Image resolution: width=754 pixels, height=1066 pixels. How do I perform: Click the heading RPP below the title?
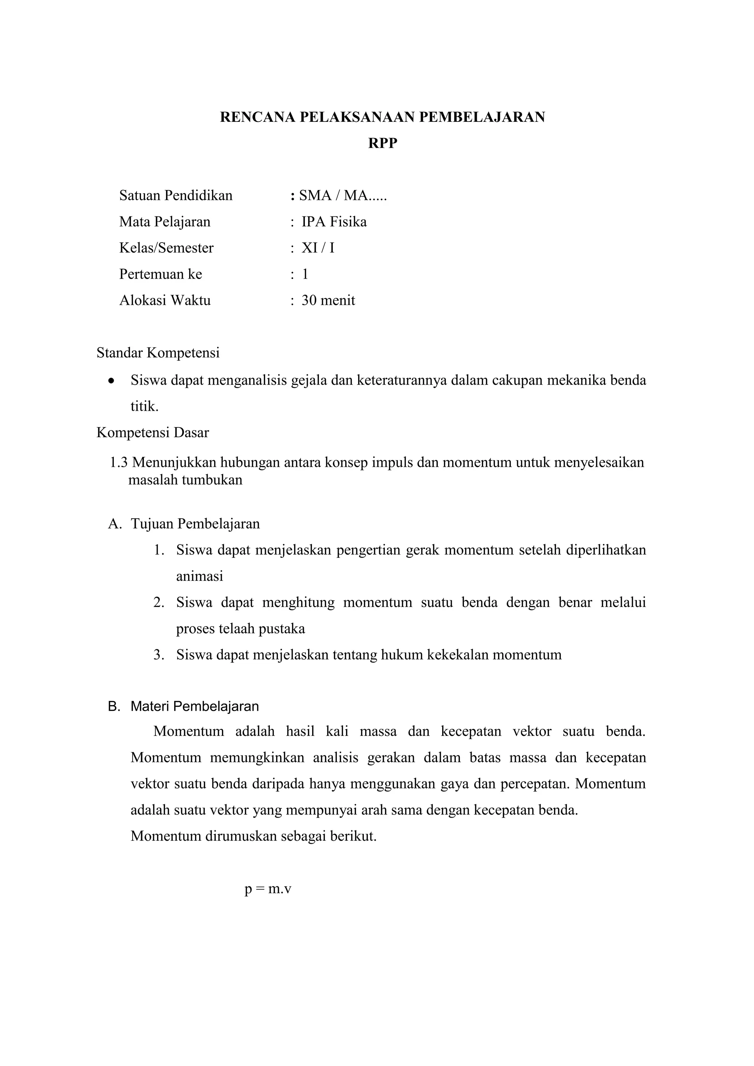click(x=383, y=144)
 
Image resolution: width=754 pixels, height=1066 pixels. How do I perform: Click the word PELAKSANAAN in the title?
click(x=357, y=117)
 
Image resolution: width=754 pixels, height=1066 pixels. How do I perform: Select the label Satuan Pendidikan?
click(x=176, y=195)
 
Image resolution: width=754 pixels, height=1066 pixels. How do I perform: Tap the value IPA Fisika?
click(x=334, y=222)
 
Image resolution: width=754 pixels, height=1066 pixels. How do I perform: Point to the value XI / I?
click(x=318, y=248)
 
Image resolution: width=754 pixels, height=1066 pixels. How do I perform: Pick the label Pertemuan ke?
click(x=161, y=274)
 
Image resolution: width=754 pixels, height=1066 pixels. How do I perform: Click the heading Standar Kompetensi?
click(x=158, y=353)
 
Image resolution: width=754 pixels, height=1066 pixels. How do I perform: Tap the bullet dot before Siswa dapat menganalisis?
click(x=110, y=381)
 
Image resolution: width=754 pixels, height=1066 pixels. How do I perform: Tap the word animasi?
click(x=199, y=576)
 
